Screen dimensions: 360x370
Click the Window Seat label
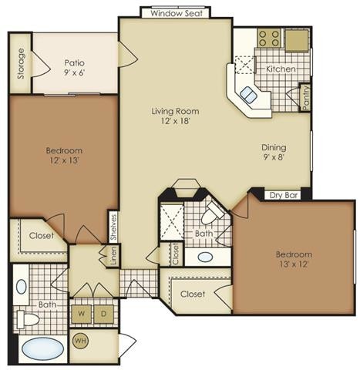(x=177, y=13)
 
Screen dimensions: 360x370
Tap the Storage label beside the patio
(x=21, y=63)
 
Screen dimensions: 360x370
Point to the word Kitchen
(x=281, y=69)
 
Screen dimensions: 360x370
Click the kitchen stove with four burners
(x=269, y=38)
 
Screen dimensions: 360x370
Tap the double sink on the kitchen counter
(x=248, y=94)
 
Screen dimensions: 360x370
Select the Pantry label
(x=305, y=98)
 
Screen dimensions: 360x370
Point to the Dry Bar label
(x=284, y=195)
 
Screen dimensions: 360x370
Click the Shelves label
(x=113, y=227)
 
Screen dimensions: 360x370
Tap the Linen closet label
(x=113, y=255)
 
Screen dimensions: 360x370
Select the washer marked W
(x=82, y=314)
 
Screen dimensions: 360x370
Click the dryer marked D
(x=103, y=314)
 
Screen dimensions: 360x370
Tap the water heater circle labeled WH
(x=81, y=341)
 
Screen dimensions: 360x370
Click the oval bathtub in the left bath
(x=42, y=348)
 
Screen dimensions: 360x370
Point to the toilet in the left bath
(x=28, y=320)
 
